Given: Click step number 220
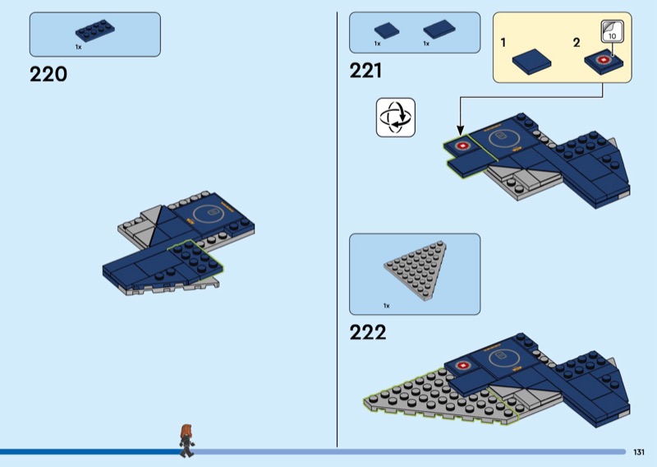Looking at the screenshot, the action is pyautogui.click(x=48, y=74).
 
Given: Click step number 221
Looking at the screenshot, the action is pyautogui.click(x=365, y=71).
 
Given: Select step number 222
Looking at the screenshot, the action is pyautogui.click(x=368, y=332).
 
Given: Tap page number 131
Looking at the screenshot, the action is pyautogui.click(x=639, y=452).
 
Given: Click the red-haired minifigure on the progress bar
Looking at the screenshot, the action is pyautogui.click(x=186, y=440).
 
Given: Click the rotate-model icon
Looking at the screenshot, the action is pyautogui.click(x=396, y=118).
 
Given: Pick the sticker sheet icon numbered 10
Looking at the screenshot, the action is pyautogui.click(x=612, y=31).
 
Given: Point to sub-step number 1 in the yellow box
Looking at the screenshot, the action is pyautogui.click(x=503, y=43).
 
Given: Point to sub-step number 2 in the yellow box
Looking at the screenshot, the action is pyautogui.click(x=577, y=43).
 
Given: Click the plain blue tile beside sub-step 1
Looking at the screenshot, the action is pyautogui.click(x=531, y=62).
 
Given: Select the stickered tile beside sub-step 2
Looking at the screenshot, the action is pyautogui.click(x=604, y=62).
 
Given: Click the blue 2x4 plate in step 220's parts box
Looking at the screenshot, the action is pyautogui.click(x=94, y=30).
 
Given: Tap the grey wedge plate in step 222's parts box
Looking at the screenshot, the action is pyautogui.click(x=416, y=270).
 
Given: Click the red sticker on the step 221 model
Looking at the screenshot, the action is pyautogui.click(x=462, y=146).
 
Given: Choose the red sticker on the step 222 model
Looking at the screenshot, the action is pyautogui.click(x=462, y=366).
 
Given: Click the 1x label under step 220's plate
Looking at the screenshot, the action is pyautogui.click(x=78, y=47).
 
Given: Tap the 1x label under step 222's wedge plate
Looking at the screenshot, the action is pyautogui.click(x=386, y=306).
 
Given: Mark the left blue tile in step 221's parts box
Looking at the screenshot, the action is pyautogui.click(x=386, y=30).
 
